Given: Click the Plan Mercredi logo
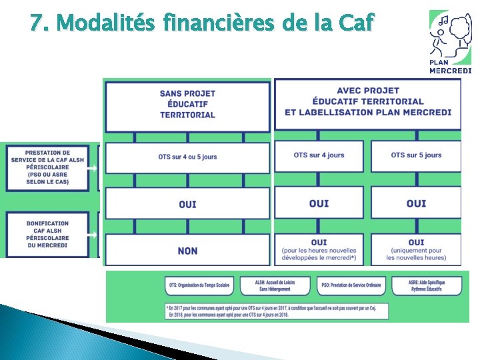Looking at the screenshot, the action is click(450, 41).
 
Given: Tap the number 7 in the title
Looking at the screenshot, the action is click(37, 24).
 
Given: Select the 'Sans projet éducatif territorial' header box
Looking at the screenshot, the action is click(187, 104).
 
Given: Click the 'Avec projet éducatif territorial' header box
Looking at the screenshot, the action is click(367, 102).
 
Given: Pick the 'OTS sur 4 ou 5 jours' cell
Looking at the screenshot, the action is click(187, 157).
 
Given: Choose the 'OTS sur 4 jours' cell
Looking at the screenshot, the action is click(319, 155).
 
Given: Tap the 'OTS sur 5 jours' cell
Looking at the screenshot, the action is click(416, 155).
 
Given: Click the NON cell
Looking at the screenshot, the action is click(187, 251).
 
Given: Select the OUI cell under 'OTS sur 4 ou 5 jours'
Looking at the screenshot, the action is click(187, 203).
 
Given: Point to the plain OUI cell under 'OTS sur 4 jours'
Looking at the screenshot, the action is click(319, 203).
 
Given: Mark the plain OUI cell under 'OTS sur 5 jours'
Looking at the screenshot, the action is click(416, 203).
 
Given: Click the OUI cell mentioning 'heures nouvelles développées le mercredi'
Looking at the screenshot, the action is click(319, 249).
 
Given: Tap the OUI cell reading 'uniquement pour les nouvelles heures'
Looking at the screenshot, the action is click(416, 249).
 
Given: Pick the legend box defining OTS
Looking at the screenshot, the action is click(199, 286).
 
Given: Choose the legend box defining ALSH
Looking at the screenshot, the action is click(275, 286).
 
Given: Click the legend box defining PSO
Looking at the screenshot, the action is click(350, 286).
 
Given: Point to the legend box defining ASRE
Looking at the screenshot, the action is click(427, 286).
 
